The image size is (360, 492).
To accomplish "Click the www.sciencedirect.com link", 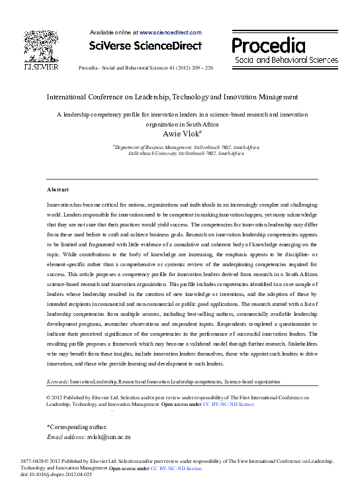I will point(170,32).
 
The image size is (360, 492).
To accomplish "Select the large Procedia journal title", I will point(268,45).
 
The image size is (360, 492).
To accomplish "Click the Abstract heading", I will point(58,189).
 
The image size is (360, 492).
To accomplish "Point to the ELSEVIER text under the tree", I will point(41,68).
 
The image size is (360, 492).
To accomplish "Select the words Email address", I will point(64,437).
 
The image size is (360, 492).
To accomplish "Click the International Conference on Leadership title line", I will point(172,96).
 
